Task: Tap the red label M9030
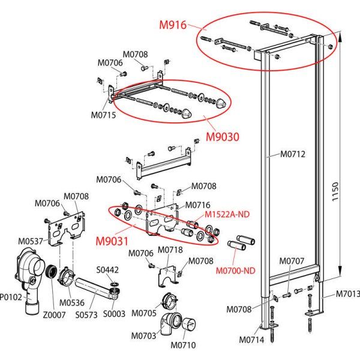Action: click(223, 136)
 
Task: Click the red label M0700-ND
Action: click(235, 270)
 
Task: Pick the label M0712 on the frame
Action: click(293, 154)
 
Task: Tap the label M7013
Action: click(347, 294)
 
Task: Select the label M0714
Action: click(252, 340)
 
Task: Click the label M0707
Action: click(292, 261)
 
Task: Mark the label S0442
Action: click(108, 270)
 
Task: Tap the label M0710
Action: click(182, 345)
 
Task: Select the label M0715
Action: click(103, 115)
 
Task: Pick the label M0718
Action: click(170, 250)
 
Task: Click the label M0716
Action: click(197, 205)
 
